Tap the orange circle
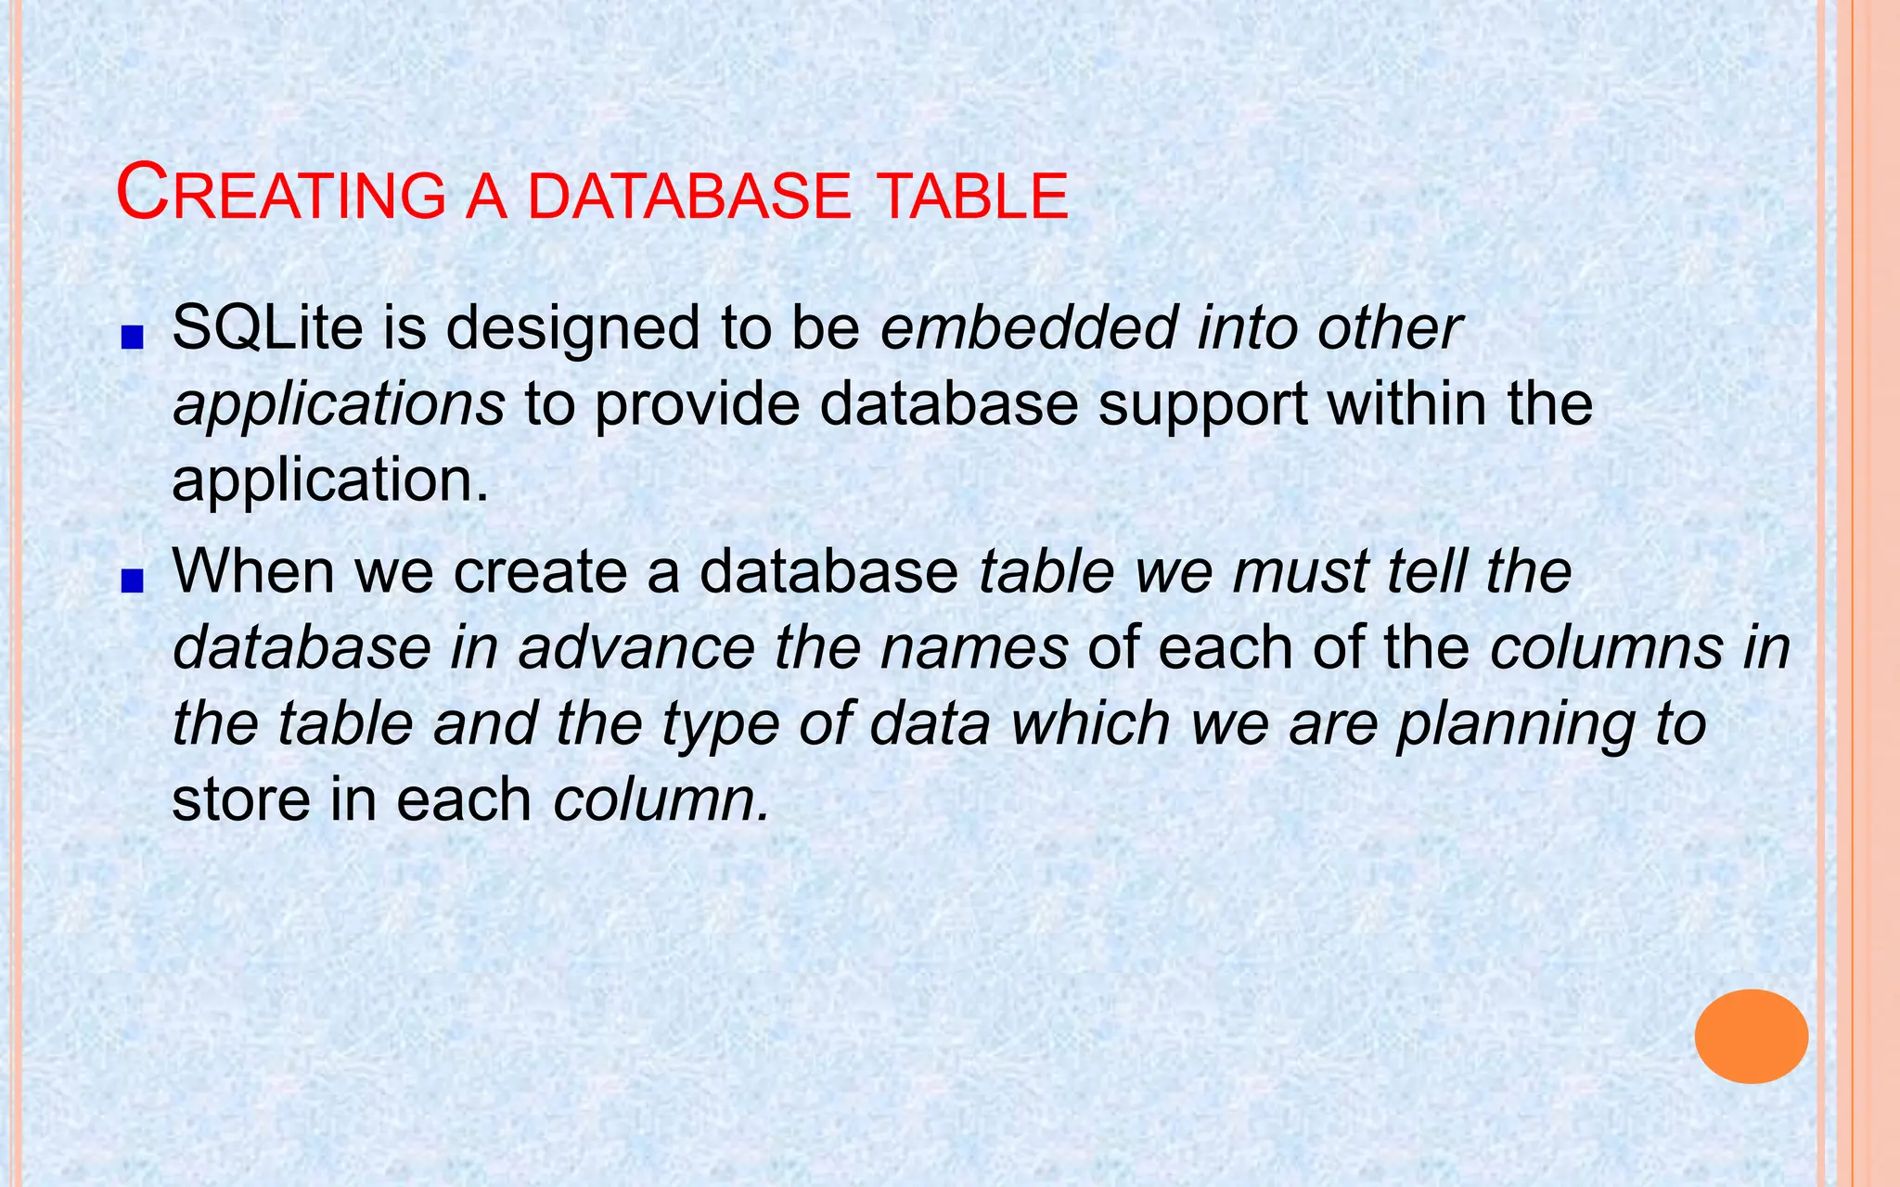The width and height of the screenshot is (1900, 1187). coord(1751,1036)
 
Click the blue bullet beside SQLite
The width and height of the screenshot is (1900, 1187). coord(132,338)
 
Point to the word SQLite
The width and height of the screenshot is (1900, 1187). coord(267,328)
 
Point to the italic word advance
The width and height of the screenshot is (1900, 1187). coord(636,647)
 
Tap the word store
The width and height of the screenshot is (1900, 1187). coord(240,799)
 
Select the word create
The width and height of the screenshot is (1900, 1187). coord(540,571)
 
